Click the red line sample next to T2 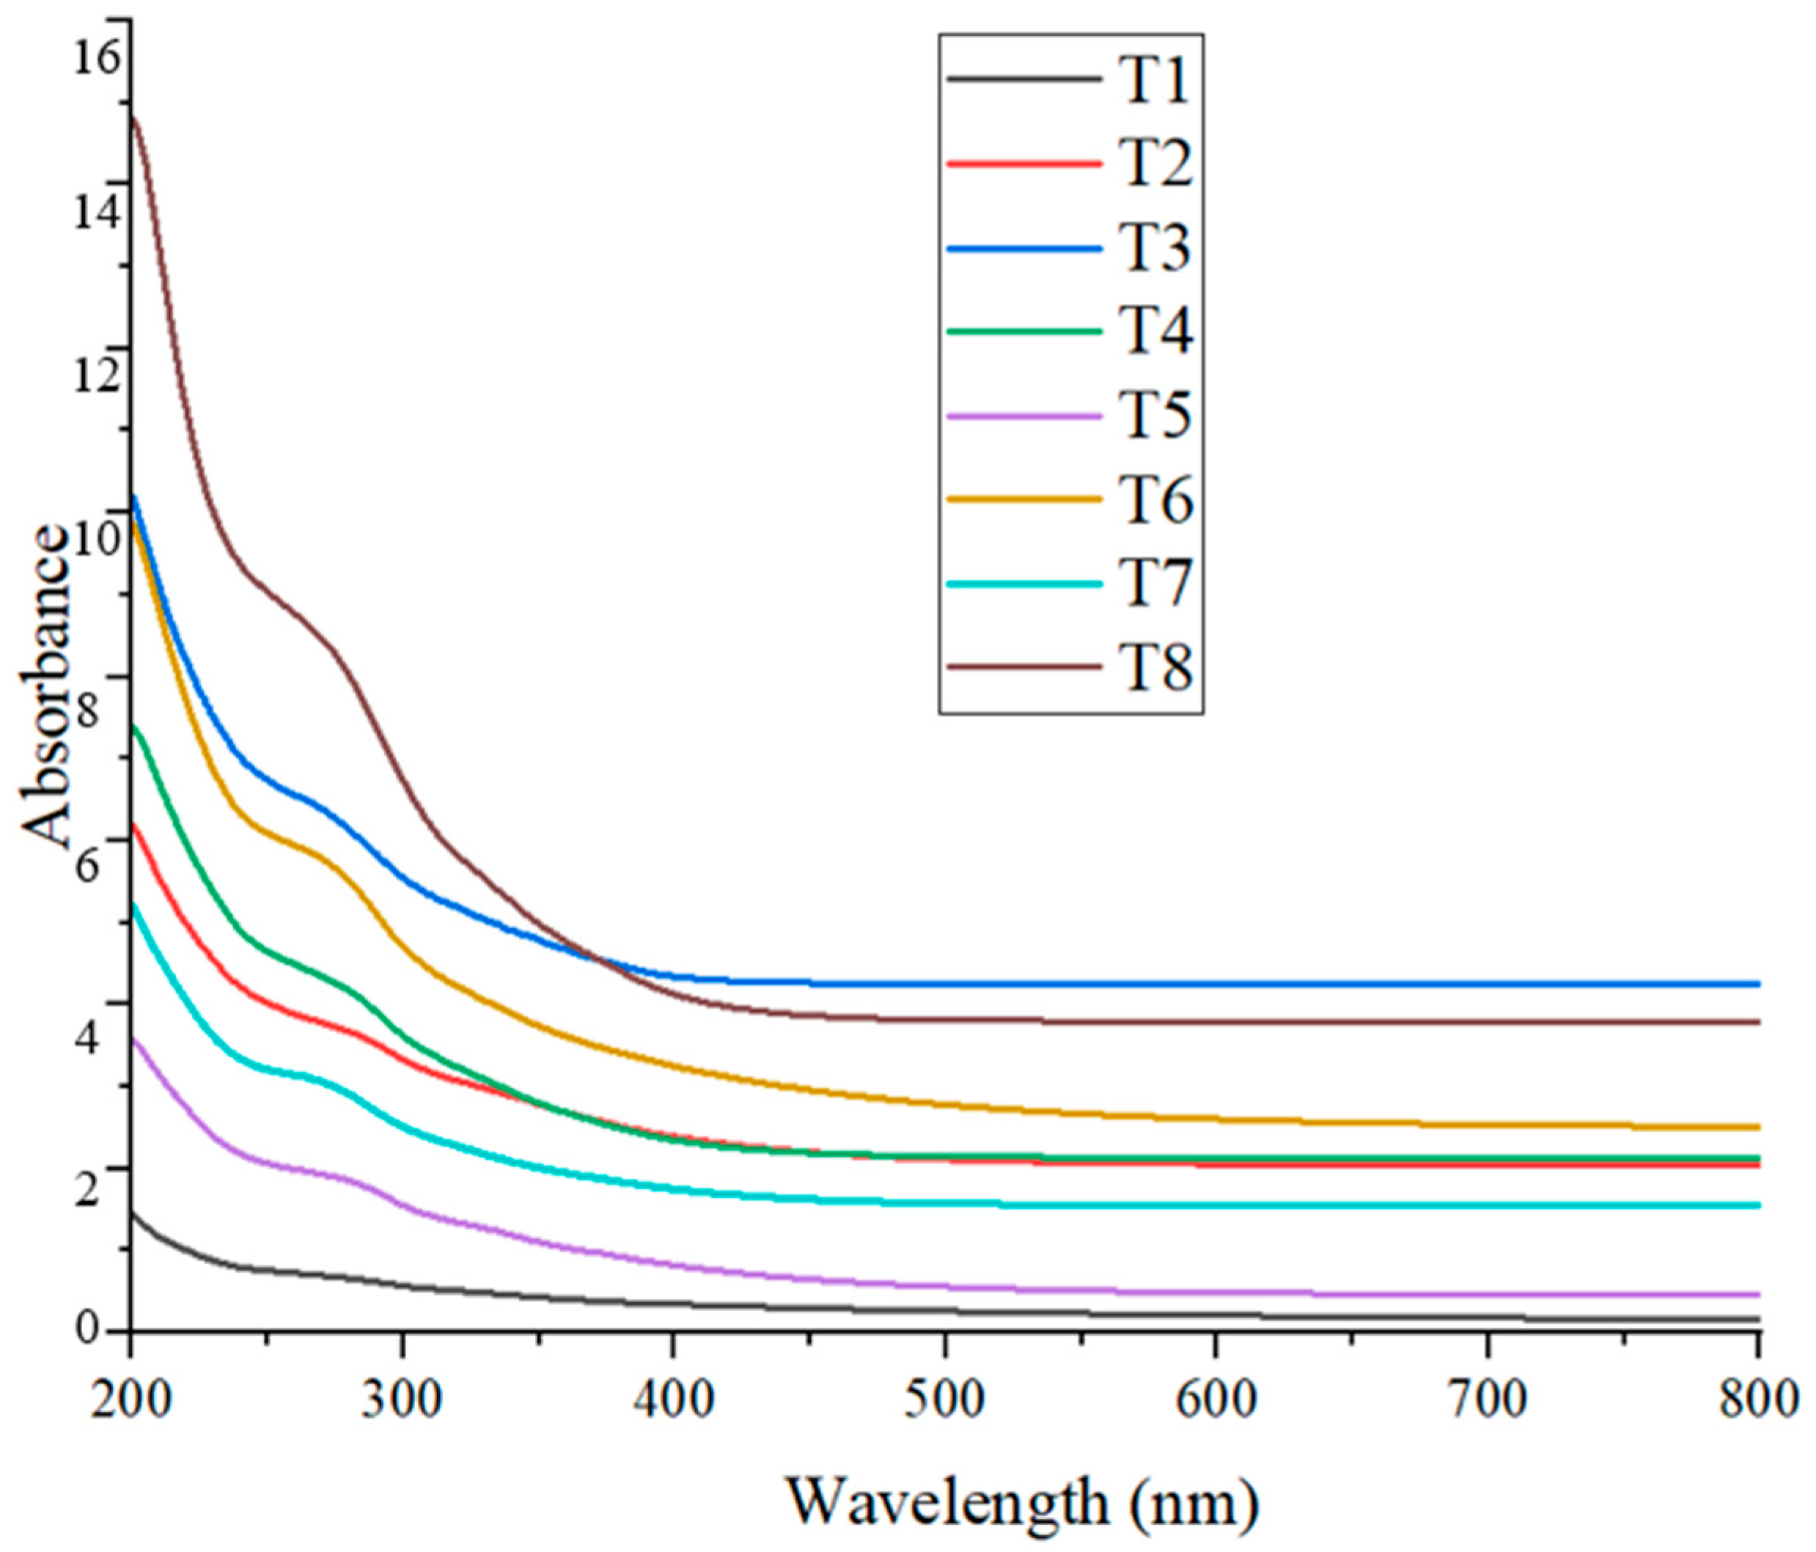coord(1023,164)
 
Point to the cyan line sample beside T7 coord(1023,584)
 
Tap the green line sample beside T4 coord(1023,331)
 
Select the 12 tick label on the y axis coord(95,378)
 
